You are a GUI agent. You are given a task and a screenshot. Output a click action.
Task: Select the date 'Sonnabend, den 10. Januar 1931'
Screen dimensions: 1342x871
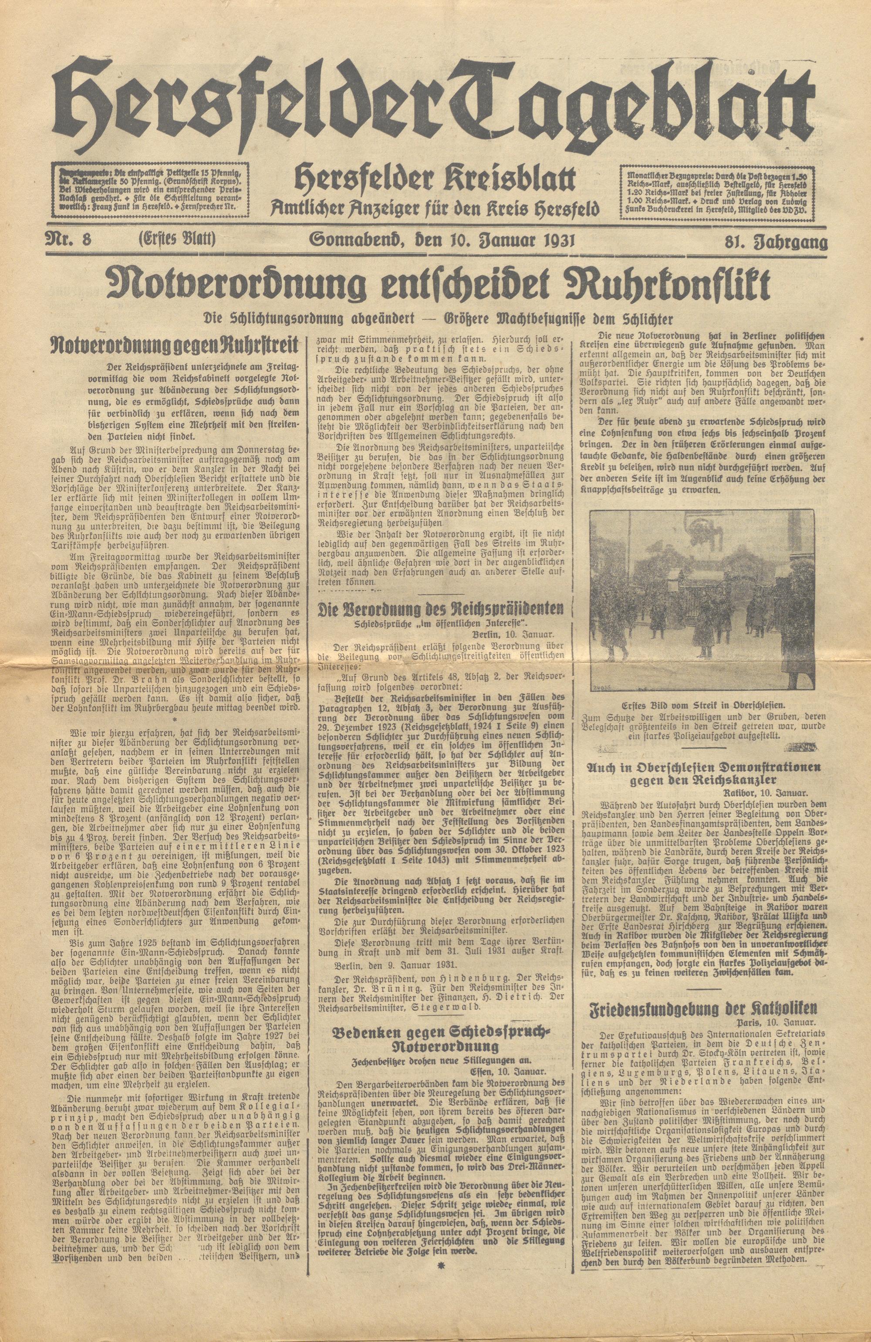(442, 241)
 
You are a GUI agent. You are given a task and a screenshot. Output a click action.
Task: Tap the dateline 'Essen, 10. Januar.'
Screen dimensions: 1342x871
(509, 1040)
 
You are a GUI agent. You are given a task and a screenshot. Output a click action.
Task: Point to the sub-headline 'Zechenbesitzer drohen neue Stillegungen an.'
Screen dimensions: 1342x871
(442, 1028)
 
